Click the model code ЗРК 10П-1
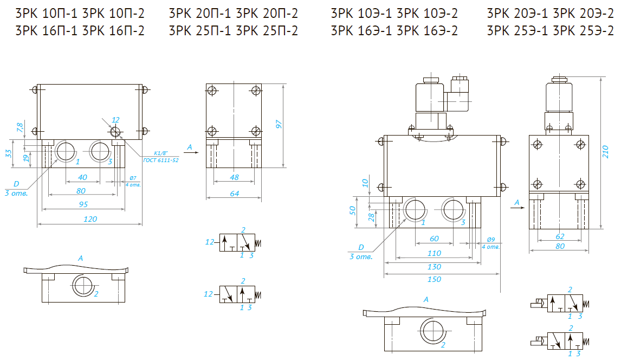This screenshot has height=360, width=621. (47, 14)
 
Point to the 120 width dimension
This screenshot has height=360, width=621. (90, 219)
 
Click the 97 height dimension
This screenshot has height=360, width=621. (279, 124)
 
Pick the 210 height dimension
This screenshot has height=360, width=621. (605, 154)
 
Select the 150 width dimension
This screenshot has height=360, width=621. (434, 279)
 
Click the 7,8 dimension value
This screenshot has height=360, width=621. (20, 128)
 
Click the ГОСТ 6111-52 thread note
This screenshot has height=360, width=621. (161, 160)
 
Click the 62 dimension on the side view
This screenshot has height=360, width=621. (560, 236)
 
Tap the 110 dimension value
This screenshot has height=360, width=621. (434, 253)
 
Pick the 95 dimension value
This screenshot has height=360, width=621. (83, 204)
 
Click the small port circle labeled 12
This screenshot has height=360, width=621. (115, 132)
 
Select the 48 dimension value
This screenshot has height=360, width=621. (234, 177)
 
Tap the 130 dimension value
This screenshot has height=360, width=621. (434, 267)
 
